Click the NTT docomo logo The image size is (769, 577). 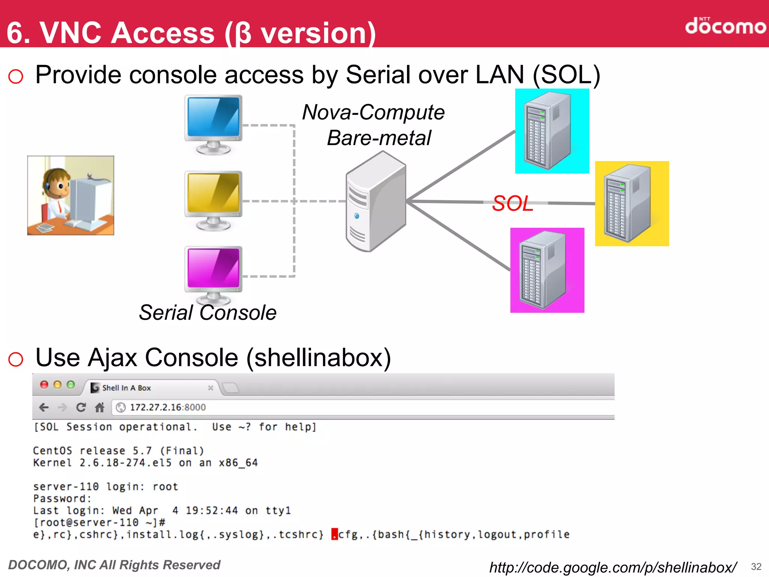point(725,26)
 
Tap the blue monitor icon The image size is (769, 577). point(213,124)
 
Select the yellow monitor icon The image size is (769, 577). point(213,200)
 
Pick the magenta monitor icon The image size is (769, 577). point(213,275)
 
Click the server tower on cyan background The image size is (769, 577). point(552,131)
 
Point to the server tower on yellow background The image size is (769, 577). point(632,203)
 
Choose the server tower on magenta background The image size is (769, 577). point(547,270)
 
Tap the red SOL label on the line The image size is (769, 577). point(513,204)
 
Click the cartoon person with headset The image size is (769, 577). point(71,195)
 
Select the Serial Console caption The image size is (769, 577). point(208,313)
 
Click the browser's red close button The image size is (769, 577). point(44,384)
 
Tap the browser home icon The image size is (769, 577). point(100,407)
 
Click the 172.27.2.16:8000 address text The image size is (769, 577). point(167,407)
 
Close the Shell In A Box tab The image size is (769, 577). point(210,388)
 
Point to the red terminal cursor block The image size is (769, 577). point(334,534)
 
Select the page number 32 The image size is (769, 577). point(756,566)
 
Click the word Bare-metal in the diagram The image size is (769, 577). point(379,138)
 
